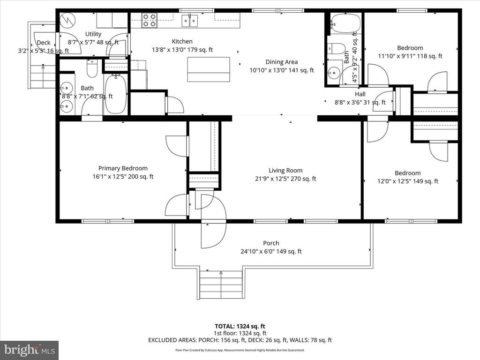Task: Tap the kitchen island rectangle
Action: [209, 69]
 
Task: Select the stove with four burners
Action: [150, 20]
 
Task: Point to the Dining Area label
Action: [281, 62]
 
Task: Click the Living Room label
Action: [285, 171]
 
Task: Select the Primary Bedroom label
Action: [123, 168]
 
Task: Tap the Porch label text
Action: [271, 243]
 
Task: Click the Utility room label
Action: [93, 34]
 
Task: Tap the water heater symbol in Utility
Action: [68, 20]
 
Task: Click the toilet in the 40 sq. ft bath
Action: [336, 49]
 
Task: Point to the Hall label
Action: [360, 94]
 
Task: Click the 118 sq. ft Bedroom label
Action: [410, 48]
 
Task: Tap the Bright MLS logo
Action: [29, 350]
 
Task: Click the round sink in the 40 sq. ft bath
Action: [334, 73]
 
